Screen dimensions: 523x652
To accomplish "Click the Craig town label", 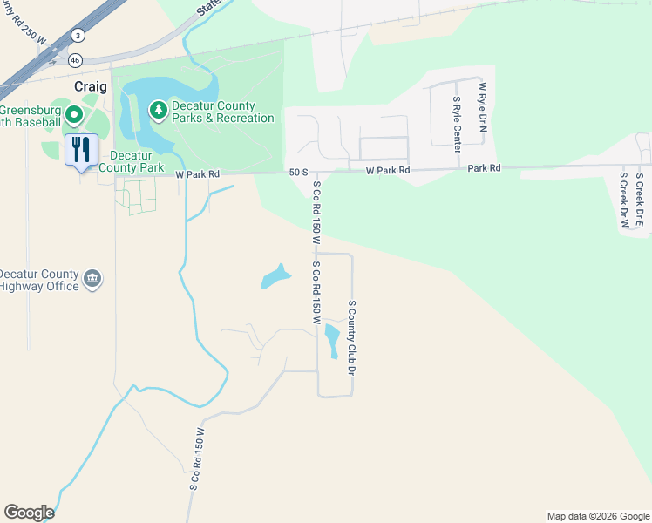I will [x=90, y=87].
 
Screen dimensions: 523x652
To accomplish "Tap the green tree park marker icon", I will [x=158, y=109].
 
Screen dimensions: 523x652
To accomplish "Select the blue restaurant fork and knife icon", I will [x=80, y=149].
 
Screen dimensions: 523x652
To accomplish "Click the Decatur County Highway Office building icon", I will [x=92, y=280].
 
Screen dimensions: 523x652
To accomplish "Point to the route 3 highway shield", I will [x=78, y=35].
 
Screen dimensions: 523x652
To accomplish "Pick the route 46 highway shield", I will [x=76, y=60].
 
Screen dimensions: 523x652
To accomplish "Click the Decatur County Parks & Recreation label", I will [x=222, y=112].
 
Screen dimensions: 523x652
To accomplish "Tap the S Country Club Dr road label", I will [x=353, y=337].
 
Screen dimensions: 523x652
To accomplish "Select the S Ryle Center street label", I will [x=456, y=125].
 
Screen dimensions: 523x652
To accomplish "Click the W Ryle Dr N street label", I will [x=481, y=112].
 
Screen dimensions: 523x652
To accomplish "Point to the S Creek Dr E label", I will [x=639, y=200].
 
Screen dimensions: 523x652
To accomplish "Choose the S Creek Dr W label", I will [x=623, y=200].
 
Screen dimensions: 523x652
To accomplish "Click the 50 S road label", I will [x=299, y=173].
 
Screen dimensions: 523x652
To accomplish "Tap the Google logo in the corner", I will [x=29, y=513].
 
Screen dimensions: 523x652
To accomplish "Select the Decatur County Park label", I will [x=132, y=160].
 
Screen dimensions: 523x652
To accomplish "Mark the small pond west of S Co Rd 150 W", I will [x=275, y=277].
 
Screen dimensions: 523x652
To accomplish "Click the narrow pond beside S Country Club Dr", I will [x=331, y=340].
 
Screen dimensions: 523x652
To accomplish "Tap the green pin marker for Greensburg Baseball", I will [x=74, y=114].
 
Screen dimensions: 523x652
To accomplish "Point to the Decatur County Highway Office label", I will [x=39, y=280].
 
